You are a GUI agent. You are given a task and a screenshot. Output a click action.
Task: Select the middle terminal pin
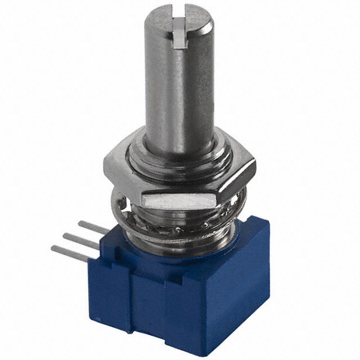[79, 239]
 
